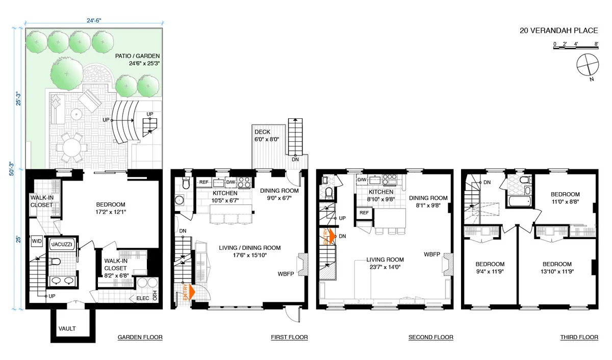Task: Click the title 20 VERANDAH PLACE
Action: coord(558,31)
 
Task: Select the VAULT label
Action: coord(67,328)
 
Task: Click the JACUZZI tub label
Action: coord(62,244)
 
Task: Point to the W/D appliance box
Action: coord(37,241)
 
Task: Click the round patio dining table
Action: coord(73,148)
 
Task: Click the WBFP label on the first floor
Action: coord(286,274)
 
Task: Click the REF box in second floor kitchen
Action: coord(364,213)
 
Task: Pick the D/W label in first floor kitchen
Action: coord(231,182)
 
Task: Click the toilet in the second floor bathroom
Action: coord(328,192)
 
